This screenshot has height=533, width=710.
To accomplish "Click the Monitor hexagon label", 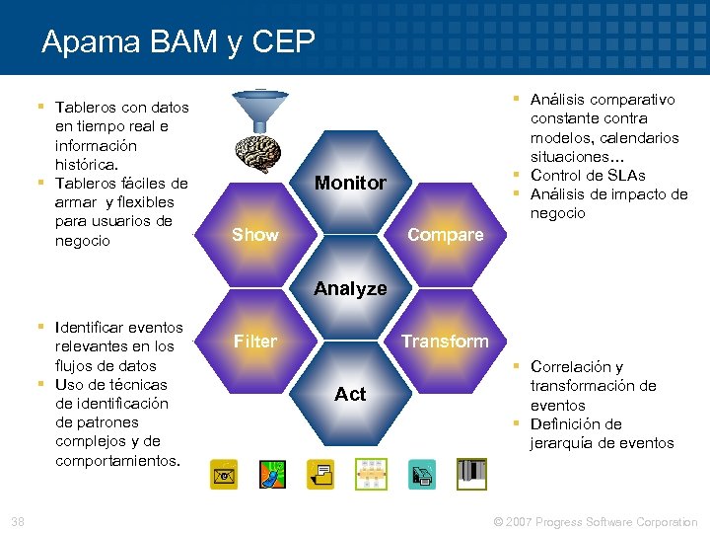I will coord(350,183).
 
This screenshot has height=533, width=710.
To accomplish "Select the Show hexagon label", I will coord(254,235).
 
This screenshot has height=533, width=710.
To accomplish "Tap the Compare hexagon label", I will coord(446,235).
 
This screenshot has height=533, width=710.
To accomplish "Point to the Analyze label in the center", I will coord(350,289).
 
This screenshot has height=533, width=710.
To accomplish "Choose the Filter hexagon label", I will coord(254,342).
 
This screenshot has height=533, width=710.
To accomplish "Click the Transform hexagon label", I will coord(445,342).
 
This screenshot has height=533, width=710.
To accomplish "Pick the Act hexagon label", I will coord(350,394).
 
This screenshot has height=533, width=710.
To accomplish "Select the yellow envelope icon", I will coord(223,475).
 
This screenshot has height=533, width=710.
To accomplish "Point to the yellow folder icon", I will coord(321,475).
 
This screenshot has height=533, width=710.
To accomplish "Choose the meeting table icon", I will coord(372,475).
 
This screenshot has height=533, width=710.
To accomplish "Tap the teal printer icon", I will coord(421,475).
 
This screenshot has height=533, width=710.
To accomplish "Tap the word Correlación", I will coord(577,367).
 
